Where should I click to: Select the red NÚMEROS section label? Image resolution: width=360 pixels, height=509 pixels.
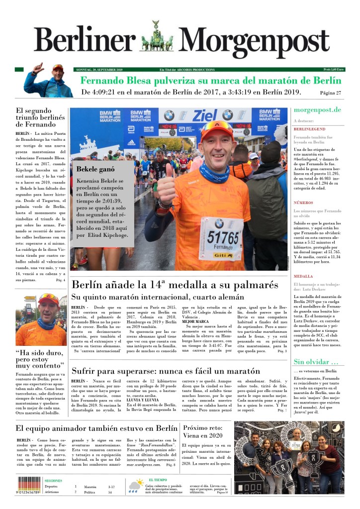point(303,203)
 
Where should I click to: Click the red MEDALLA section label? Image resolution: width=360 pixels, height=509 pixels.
point(303,276)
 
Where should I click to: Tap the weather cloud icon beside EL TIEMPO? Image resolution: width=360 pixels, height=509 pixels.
point(135,486)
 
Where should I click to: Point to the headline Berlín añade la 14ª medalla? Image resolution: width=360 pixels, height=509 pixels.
point(175,285)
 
